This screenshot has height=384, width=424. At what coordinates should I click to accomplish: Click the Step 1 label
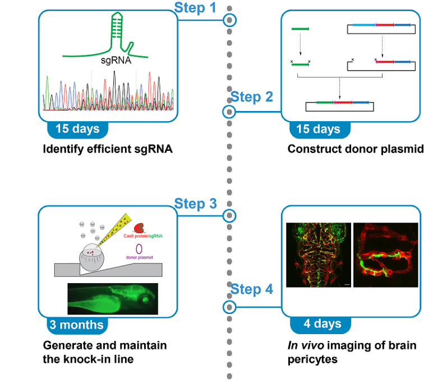[x=195, y=8]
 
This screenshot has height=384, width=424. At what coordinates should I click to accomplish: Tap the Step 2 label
[x=252, y=97]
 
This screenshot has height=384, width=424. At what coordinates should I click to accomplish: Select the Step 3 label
[x=195, y=203]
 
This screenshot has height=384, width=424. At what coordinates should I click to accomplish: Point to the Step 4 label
[x=252, y=289]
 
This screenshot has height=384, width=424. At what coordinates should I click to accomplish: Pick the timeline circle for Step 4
[x=229, y=307]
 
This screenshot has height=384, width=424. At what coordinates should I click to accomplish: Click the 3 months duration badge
[x=76, y=324]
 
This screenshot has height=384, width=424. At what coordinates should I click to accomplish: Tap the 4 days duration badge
[x=321, y=324]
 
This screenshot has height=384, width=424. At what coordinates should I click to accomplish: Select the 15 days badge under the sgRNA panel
[x=77, y=129]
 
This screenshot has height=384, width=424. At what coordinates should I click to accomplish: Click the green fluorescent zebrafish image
[x=113, y=298]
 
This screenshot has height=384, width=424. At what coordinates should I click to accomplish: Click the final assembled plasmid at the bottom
[x=339, y=104]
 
